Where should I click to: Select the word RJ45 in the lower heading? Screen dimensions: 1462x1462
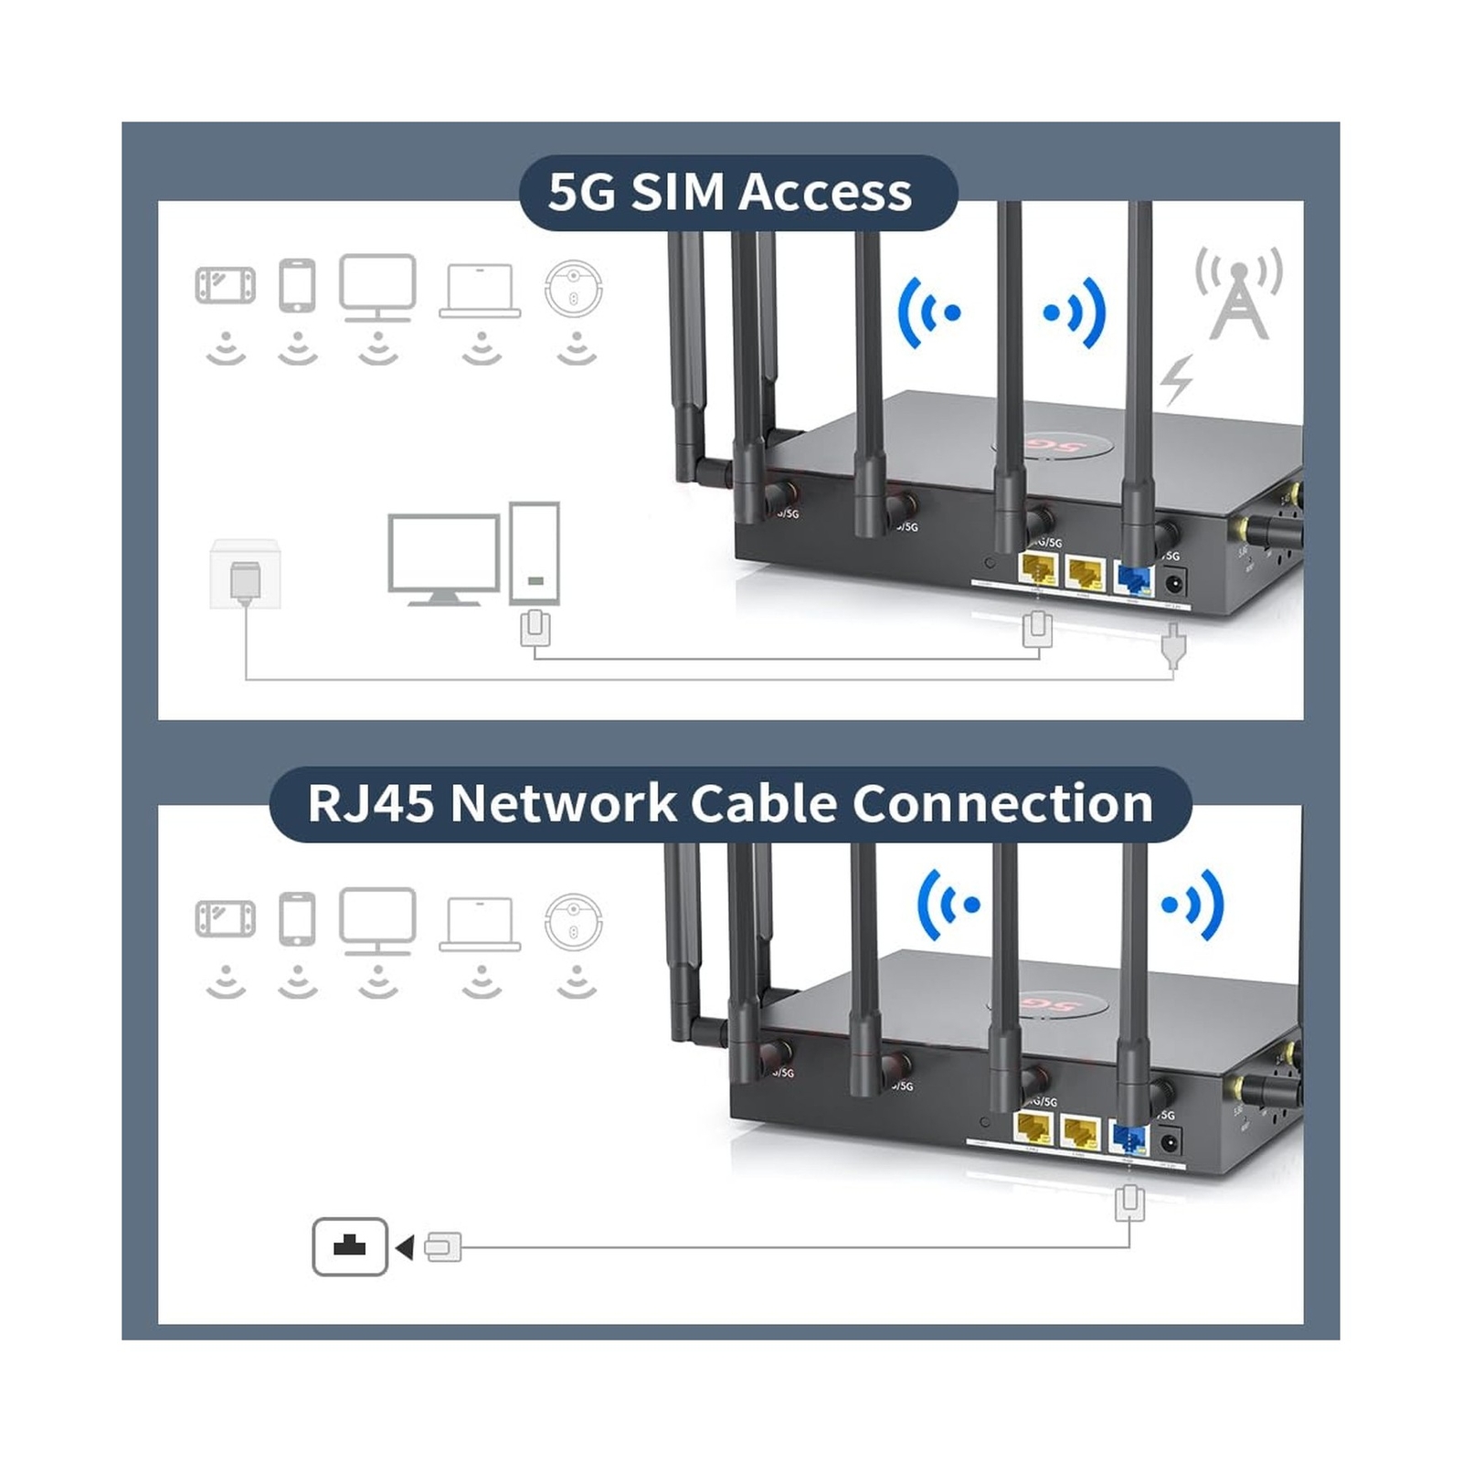tap(370, 804)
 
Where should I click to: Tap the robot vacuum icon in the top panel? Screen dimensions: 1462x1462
tap(573, 288)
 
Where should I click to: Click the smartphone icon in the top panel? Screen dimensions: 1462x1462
tap(297, 285)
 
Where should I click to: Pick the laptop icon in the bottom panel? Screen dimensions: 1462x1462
tap(480, 923)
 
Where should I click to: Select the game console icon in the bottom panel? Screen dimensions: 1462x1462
tap(225, 919)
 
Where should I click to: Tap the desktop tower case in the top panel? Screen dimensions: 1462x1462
tap(535, 552)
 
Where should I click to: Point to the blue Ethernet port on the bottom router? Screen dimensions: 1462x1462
tap(1128, 1139)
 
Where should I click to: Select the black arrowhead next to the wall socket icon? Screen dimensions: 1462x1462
tap(405, 1247)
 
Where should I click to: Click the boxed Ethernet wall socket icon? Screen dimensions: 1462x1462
tap(350, 1246)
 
